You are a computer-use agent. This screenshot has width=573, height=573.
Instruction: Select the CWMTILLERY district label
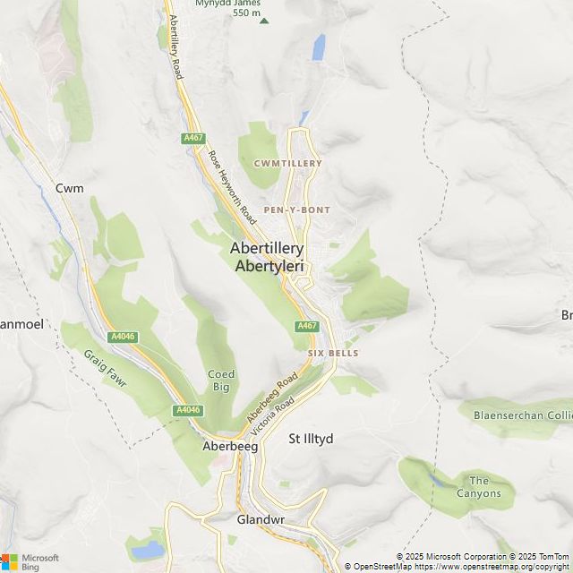point(287,164)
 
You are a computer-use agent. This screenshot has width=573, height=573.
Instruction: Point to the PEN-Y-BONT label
point(296,210)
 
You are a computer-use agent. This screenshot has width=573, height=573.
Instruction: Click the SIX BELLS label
point(333,354)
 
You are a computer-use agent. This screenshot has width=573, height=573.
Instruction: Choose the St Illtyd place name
point(311,439)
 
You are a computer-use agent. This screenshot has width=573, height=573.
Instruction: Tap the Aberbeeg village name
point(230,446)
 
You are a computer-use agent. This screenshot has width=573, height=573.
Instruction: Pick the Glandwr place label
point(261,519)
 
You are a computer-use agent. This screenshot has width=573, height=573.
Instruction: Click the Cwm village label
point(69,188)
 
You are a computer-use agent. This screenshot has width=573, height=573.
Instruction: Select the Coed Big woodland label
point(221,381)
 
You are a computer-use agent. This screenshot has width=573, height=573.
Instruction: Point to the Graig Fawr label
point(107,368)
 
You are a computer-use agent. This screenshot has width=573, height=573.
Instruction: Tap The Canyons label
point(479,487)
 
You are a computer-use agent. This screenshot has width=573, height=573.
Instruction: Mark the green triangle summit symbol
point(263,20)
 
